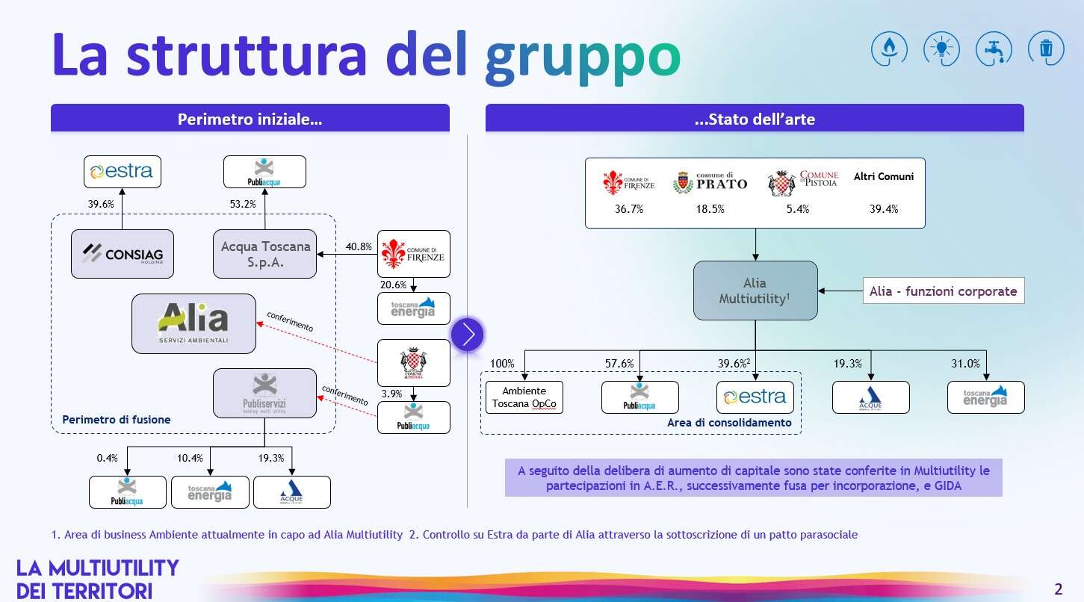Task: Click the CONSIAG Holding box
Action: [122, 254]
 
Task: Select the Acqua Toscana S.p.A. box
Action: [265, 254]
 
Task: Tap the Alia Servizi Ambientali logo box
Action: [193, 323]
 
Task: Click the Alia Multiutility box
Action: [755, 291]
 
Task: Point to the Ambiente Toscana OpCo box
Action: [524, 397]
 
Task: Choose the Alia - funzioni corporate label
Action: [943, 291]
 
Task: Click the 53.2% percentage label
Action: [243, 204]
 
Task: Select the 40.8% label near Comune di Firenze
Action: [359, 246]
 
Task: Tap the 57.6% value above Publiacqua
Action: [619, 364]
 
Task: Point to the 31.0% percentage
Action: [965, 364]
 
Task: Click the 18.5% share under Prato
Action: [710, 209]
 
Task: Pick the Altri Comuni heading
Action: [883, 177]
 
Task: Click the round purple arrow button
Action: [468, 335]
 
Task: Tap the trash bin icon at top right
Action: [1045, 49]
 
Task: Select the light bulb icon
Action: [941, 49]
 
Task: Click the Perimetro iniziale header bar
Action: [250, 119]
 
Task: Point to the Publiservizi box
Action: [264, 393]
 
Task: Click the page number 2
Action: [1058, 587]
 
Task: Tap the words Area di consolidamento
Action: [728, 423]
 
